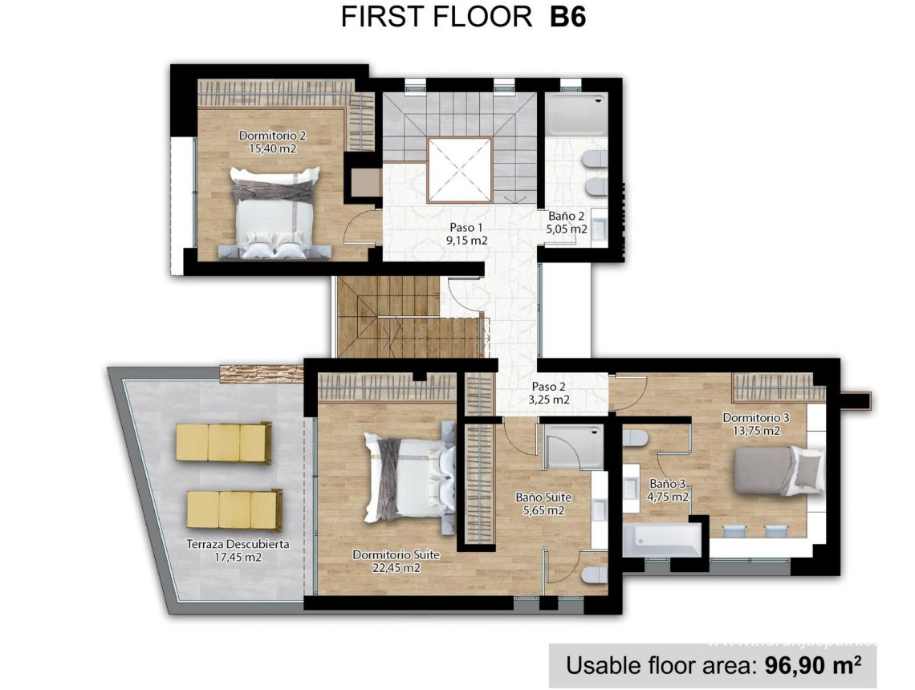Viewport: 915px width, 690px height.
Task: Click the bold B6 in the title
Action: coord(568,17)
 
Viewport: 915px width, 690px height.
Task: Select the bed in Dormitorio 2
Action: coord(275,213)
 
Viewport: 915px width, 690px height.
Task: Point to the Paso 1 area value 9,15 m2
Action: coord(468,240)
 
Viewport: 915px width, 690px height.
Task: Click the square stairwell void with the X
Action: coord(458,170)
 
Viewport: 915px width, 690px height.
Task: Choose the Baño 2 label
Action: coord(566,217)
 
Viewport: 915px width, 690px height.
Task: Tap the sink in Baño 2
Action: coord(598,229)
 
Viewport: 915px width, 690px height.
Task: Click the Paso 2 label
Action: coord(549,387)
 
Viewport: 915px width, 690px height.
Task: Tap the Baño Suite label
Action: coord(543,497)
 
